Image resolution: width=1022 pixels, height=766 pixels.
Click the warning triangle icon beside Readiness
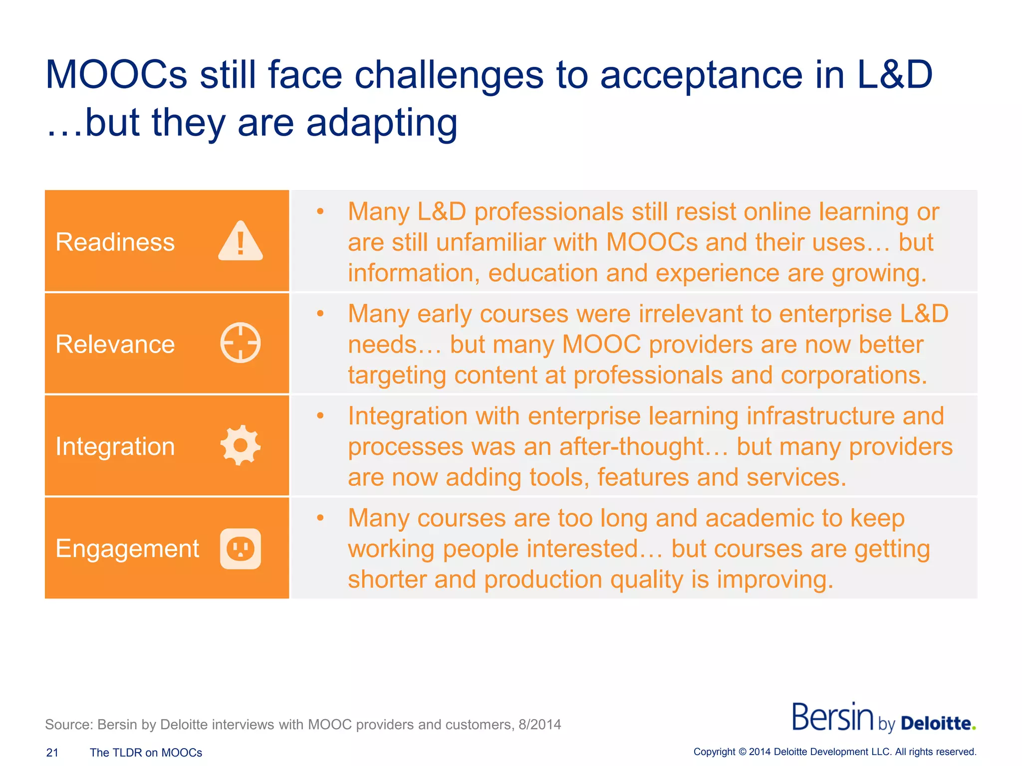point(240,241)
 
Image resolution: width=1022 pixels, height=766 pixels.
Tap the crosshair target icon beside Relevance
point(240,343)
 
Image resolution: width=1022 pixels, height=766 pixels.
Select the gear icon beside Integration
point(240,445)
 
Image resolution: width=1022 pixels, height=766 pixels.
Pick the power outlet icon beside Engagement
point(240,549)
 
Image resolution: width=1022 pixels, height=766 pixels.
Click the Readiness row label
point(115,242)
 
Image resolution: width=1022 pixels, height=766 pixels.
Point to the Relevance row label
point(115,344)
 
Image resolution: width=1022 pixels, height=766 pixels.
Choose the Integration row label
point(115,446)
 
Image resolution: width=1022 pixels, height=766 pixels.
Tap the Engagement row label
point(127,549)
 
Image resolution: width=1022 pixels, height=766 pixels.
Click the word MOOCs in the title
point(116,75)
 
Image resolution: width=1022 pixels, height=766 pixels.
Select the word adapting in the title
point(382,123)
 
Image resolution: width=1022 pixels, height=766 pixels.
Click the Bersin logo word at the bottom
point(832,718)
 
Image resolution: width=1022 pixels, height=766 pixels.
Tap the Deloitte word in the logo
point(936,723)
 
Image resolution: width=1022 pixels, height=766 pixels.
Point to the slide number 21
point(52,753)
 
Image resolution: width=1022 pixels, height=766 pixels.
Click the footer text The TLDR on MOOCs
point(146,753)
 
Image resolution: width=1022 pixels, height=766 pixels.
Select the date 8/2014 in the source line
point(539,724)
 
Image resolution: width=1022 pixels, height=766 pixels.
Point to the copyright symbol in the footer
point(742,752)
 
